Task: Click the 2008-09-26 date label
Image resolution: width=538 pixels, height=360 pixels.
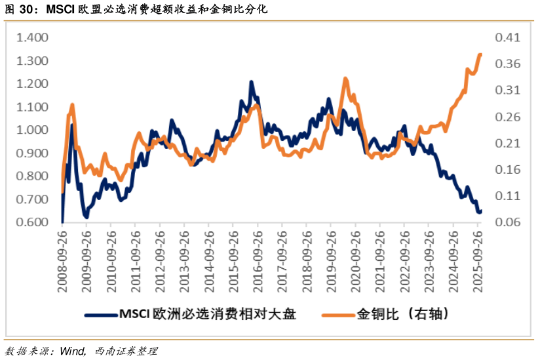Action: click(x=62, y=256)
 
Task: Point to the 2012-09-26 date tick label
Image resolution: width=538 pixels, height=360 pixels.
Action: click(x=160, y=256)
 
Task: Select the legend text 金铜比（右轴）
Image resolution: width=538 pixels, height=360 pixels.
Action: click(x=402, y=314)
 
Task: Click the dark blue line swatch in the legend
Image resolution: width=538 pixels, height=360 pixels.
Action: click(x=100, y=315)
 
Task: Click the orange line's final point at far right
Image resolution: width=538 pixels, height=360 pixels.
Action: click(x=480, y=55)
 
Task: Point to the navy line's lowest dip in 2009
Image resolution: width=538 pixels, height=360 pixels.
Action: click(x=86, y=216)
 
